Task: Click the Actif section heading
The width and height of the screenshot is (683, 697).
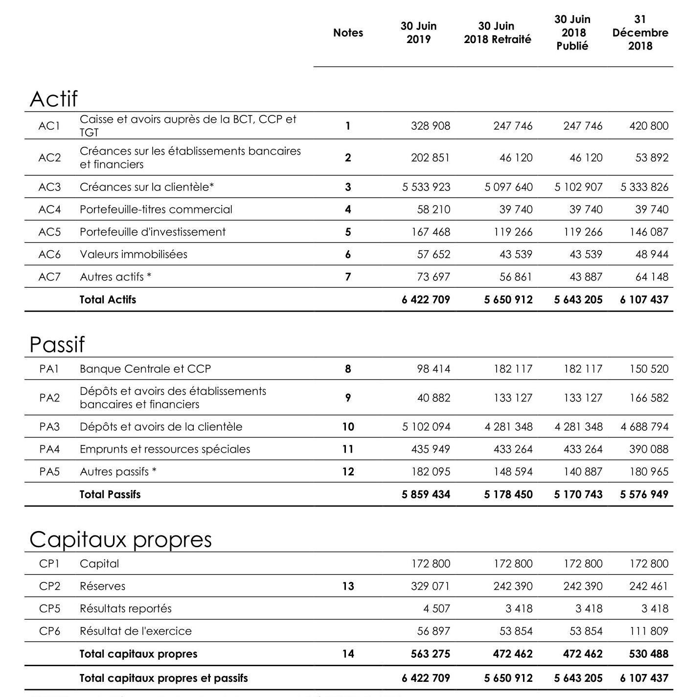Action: point(53,99)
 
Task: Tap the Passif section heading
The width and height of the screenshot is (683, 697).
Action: point(57,345)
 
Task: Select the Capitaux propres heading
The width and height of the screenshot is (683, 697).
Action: point(120,539)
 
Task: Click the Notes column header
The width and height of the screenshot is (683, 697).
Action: point(348,33)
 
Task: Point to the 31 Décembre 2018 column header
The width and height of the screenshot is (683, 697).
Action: point(640,33)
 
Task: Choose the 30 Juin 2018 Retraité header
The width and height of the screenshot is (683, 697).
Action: point(497,33)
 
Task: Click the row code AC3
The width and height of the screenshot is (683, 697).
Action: point(49,187)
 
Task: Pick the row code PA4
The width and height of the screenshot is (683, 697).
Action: point(49,449)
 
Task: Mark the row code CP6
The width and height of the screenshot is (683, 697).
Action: point(49,631)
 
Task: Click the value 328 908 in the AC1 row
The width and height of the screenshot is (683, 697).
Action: point(431,126)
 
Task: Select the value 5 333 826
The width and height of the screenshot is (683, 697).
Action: point(644,187)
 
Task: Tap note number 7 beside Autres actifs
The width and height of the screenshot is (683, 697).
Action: point(348,277)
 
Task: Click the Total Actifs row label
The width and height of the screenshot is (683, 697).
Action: point(108,300)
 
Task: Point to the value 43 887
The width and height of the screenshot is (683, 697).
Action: point(586,277)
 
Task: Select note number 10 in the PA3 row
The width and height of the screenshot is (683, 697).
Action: point(348,427)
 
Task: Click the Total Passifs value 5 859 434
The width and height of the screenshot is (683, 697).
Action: point(426,494)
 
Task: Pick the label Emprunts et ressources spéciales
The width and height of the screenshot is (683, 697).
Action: point(165,449)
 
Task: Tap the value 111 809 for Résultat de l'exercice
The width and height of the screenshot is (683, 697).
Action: point(649,631)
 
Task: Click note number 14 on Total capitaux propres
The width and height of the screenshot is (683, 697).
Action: point(348,654)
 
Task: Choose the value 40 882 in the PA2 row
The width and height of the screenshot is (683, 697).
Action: point(433,398)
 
